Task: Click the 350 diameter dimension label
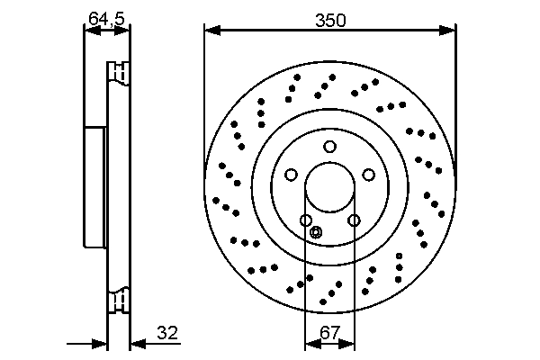tap(329, 19)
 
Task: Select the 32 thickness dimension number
tap(167, 332)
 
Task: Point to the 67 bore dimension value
tap(329, 332)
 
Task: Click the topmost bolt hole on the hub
tap(329, 147)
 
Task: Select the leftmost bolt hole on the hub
tap(291, 175)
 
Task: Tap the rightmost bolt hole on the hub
tap(368, 175)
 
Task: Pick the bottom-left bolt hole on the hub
tap(306, 220)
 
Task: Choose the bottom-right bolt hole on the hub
tap(354, 220)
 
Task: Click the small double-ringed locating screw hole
tap(315, 233)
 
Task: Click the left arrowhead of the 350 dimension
tap(210, 31)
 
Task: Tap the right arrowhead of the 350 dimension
tap(451, 31)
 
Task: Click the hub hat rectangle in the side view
tap(95, 187)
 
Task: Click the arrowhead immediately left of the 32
tap(136, 342)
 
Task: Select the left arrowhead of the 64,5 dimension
tap(88, 31)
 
